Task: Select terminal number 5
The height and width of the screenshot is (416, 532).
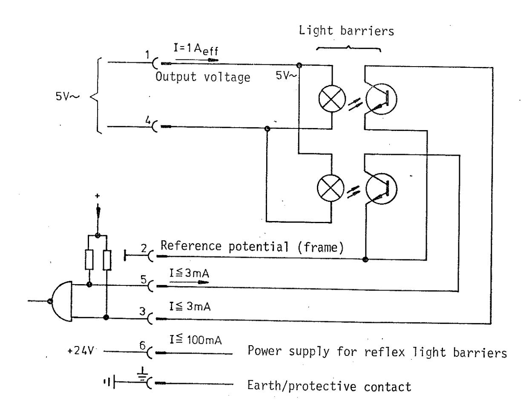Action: click(144, 279)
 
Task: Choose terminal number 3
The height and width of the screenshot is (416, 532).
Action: click(144, 311)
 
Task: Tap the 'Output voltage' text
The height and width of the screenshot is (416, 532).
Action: click(203, 78)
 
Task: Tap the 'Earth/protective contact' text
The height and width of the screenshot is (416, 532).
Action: click(329, 387)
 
